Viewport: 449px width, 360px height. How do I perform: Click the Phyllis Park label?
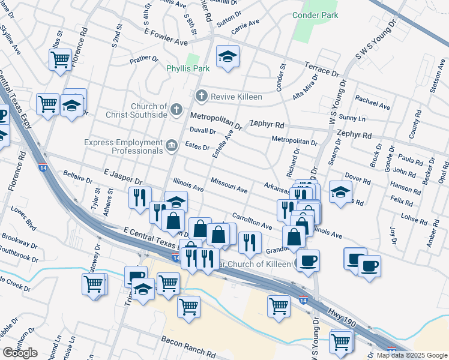coord(188,68)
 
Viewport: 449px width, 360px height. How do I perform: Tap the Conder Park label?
coord(311,15)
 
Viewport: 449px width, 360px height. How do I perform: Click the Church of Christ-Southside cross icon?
coord(176,109)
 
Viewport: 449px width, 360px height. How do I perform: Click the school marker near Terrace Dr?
coord(228,57)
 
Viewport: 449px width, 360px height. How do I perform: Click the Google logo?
coord(20,353)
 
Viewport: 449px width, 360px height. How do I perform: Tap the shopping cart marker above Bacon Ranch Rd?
coord(188,307)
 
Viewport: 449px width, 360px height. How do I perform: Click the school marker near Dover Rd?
coord(340,193)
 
